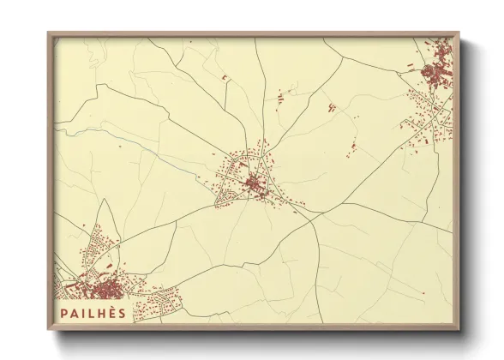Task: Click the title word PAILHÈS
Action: tap(93, 313)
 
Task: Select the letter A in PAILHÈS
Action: tap(75, 313)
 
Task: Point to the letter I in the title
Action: tap(84, 313)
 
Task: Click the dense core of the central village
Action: tap(254, 183)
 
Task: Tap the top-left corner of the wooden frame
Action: tap(49, 33)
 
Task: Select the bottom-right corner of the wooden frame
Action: tap(459, 329)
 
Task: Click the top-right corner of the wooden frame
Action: tap(459, 33)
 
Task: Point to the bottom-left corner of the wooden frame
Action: tap(49, 329)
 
